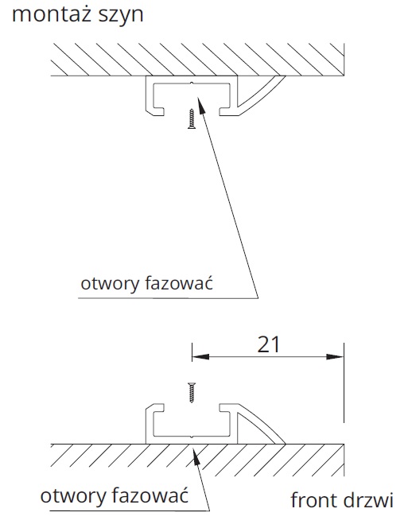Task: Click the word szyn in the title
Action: click(x=121, y=15)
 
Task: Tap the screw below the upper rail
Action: click(x=192, y=118)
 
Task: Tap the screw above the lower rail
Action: click(x=192, y=393)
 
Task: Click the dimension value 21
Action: click(x=269, y=344)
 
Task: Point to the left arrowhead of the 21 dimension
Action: click(x=200, y=356)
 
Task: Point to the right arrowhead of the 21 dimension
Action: click(x=335, y=356)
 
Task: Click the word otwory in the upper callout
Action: click(x=110, y=284)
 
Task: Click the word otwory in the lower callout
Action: click(x=69, y=496)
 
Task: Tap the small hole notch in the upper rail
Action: click(x=192, y=83)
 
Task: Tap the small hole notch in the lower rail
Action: click(x=192, y=437)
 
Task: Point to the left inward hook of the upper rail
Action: click(x=158, y=111)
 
